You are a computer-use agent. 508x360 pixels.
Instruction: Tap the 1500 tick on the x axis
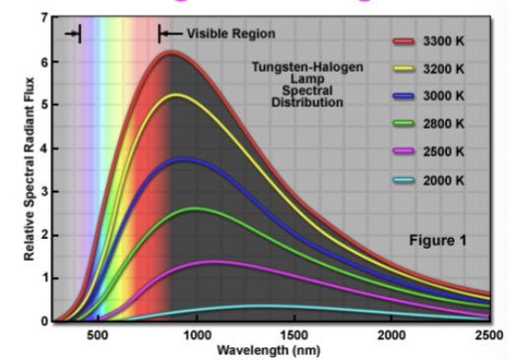click(x=294, y=335)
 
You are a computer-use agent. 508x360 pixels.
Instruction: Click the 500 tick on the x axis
click(x=96, y=335)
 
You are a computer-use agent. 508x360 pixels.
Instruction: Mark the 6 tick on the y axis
click(x=44, y=61)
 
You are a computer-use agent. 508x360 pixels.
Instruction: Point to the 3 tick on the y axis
click(x=44, y=191)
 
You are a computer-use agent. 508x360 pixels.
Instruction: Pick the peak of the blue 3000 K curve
click(x=184, y=159)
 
